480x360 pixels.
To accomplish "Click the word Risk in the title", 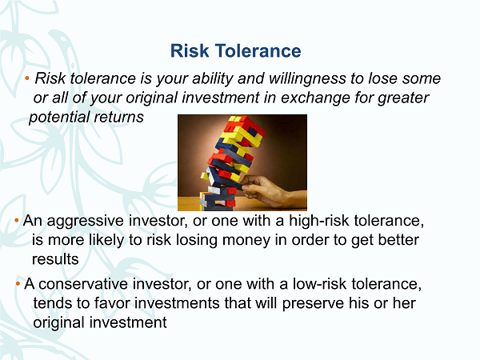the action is point(190,50).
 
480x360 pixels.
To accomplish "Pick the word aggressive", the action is point(85,222).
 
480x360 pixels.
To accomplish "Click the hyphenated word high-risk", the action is point(318,221).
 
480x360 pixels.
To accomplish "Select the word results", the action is point(55,259).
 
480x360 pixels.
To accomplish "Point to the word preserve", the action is point(313,304).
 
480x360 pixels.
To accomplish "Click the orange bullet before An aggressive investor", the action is point(17,221).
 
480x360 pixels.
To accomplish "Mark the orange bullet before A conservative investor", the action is point(18,284).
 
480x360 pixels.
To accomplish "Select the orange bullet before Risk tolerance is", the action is point(27,78).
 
